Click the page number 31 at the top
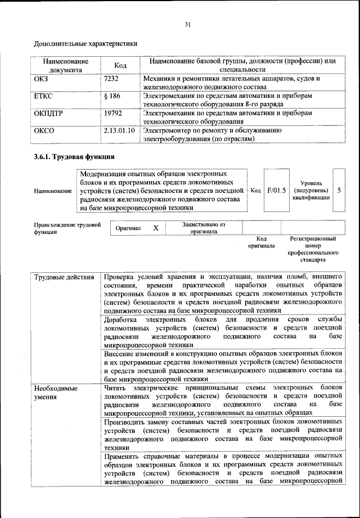(x=187, y=24)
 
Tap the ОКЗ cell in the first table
(x=42, y=79)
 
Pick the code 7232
(x=112, y=79)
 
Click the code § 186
(x=112, y=97)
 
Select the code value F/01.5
(x=276, y=190)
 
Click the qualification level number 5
(x=339, y=190)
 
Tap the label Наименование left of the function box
(x=52, y=191)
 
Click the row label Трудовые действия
(x=64, y=277)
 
